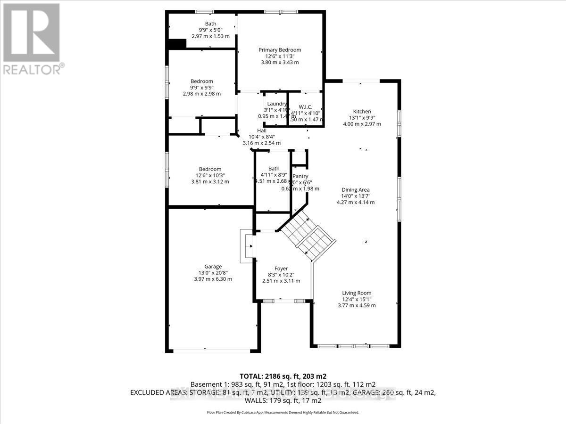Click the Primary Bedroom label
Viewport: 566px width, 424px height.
coord(279,49)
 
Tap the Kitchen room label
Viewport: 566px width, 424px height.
coord(362,111)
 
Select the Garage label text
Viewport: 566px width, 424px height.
coord(213,266)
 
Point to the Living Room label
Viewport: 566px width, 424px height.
coord(357,293)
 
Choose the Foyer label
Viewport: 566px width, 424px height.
coord(281,269)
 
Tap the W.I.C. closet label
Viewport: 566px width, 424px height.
coord(305,107)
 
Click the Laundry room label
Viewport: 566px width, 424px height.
coord(276,104)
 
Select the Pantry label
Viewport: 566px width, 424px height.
coord(300,176)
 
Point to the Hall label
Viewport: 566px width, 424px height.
coord(261,130)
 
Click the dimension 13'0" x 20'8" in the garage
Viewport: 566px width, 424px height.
coord(213,273)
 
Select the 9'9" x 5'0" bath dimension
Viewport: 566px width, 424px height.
coord(210,30)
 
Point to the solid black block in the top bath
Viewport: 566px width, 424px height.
coord(178,43)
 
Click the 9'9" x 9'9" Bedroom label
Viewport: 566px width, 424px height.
coord(201,81)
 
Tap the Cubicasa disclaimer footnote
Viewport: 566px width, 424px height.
coord(283,412)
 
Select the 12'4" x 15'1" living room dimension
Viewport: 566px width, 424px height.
coord(357,299)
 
